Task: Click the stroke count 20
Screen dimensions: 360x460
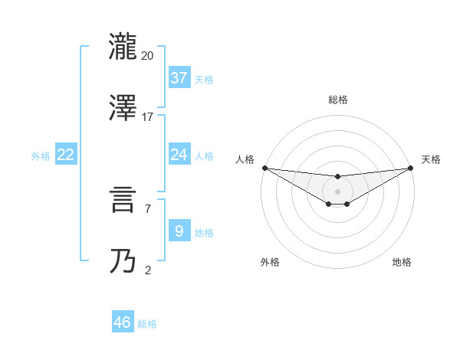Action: click(148, 55)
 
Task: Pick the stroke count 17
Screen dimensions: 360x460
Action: click(148, 117)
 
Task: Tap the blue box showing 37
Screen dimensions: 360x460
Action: click(179, 78)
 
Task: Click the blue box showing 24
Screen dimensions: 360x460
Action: click(179, 155)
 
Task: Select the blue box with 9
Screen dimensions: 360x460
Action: click(179, 231)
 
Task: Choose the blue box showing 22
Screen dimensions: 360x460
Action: click(66, 155)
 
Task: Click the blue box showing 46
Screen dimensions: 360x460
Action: click(123, 322)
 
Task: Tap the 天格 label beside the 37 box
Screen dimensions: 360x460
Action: click(204, 79)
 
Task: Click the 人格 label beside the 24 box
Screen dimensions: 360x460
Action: click(204, 156)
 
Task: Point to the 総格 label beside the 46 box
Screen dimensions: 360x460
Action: click(147, 324)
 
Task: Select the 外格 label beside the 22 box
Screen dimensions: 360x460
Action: click(41, 156)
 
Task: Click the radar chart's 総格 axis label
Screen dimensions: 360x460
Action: click(338, 100)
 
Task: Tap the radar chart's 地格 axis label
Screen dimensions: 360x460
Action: click(402, 262)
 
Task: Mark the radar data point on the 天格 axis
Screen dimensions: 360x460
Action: click(410, 168)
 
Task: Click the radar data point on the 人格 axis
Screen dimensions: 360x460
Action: click(264, 168)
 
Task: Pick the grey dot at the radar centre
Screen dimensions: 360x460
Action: click(337, 191)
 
